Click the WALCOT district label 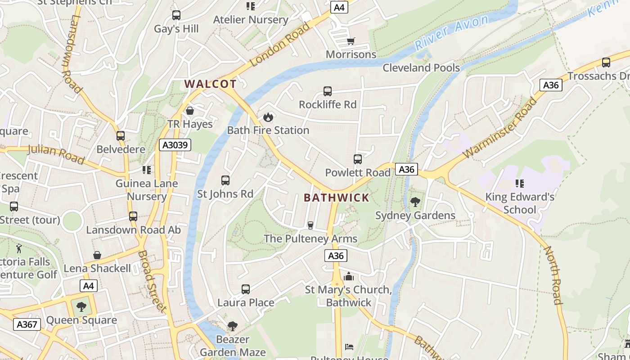click(x=210, y=84)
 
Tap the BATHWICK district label click(x=336, y=198)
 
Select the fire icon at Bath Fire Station click(x=268, y=117)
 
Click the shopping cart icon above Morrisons click(x=351, y=41)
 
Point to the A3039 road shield click(x=175, y=145)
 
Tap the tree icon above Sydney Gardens click(x=415, y=202)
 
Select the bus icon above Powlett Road click(x=358, y=159)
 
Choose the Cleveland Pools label click(x=421, y=68)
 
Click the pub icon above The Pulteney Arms click(x=310, y=225)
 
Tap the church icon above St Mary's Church click(x=348, y=276)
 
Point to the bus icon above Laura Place click(x=246, y=289)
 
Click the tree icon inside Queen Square click(x=81, y=307)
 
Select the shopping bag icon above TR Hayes click(x=190, y=111)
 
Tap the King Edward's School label click(x=520, y=203)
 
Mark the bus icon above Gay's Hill click(x=176, y=15)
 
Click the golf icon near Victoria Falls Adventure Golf click(x=19, y=248)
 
